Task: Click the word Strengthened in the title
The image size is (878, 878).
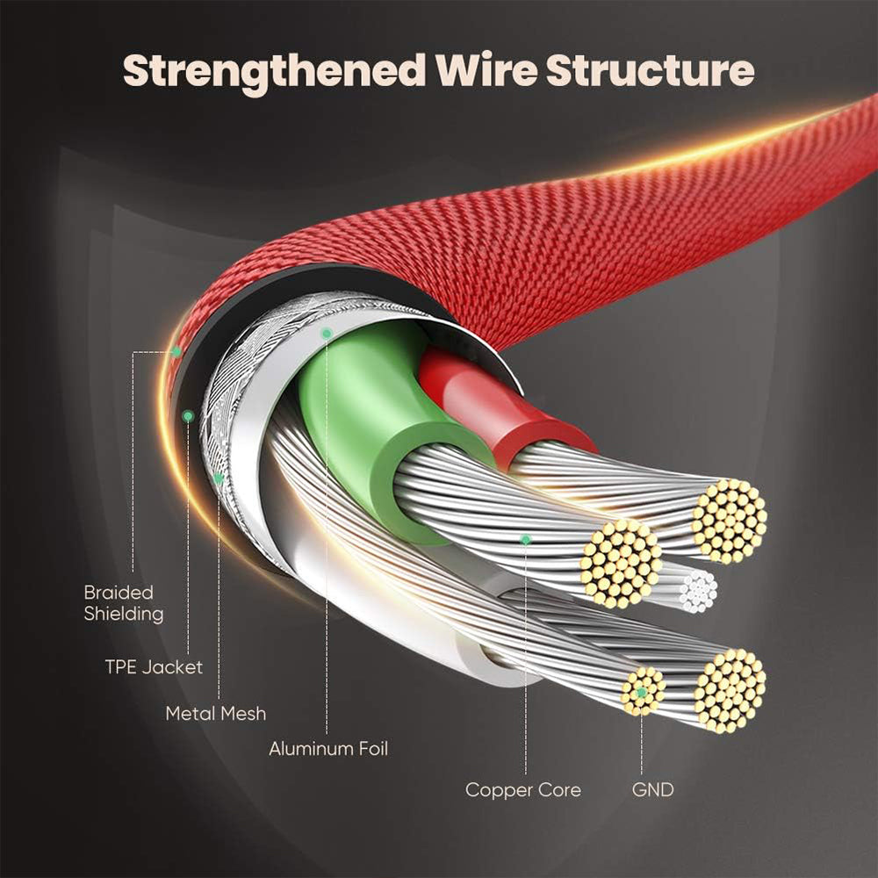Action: click(272, 70)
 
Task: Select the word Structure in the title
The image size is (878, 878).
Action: click(650, 70)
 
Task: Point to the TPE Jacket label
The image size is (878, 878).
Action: click(154, 667)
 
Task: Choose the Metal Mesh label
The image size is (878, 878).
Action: click(215, 714)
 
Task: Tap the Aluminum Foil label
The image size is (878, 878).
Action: click(327, 749)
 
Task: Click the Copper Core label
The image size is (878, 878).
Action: click(522, 790)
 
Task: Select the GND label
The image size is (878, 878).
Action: click(652, 790)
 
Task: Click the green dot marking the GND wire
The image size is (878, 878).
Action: click(642, 693)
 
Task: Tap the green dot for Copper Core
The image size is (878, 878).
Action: click(525, 539)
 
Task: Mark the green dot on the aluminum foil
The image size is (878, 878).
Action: click(326, 334)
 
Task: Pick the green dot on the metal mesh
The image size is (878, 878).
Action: click(218, 479)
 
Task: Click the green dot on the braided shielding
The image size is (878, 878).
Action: click(176, 351)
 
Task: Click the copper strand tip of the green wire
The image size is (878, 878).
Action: click(620, 563)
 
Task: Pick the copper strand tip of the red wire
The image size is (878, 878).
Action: click(729, 520)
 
